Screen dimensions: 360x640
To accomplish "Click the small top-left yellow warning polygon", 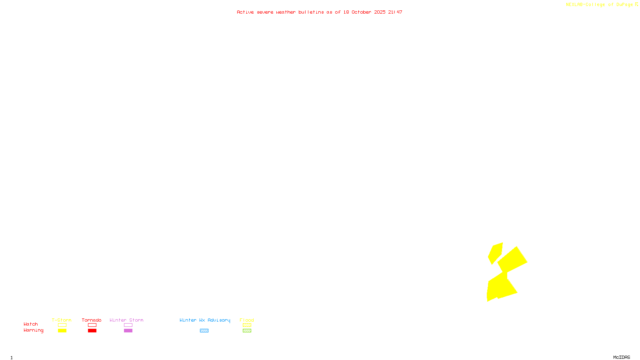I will tap(495, 253).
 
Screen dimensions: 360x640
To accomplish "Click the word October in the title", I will tap(361, 12).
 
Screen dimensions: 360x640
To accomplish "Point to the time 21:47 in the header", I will tap(395, 12).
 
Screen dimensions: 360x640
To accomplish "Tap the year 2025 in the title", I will tap(380, 12).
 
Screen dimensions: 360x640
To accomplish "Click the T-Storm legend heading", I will tap(62, 320).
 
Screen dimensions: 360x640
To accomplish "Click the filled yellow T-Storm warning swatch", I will tap(62, 330).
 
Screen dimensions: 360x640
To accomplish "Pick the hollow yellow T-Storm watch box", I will tap(62, 325).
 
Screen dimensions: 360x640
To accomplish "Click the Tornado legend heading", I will tap(92, 320).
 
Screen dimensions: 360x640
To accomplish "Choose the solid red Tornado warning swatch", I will tap(92, 330).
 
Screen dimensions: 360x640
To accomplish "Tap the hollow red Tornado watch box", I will tap(92, 325).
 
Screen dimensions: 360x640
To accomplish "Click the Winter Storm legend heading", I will tap(126, 320).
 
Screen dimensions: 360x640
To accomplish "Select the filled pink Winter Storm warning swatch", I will tap(128, 330).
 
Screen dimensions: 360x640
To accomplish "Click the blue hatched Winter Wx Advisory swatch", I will tap(204, 330).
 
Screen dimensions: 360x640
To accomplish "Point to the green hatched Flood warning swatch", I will tap(247, 330).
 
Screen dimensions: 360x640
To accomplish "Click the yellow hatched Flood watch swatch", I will tap(247, 325).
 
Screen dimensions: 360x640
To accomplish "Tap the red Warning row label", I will tap(33, 330).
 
